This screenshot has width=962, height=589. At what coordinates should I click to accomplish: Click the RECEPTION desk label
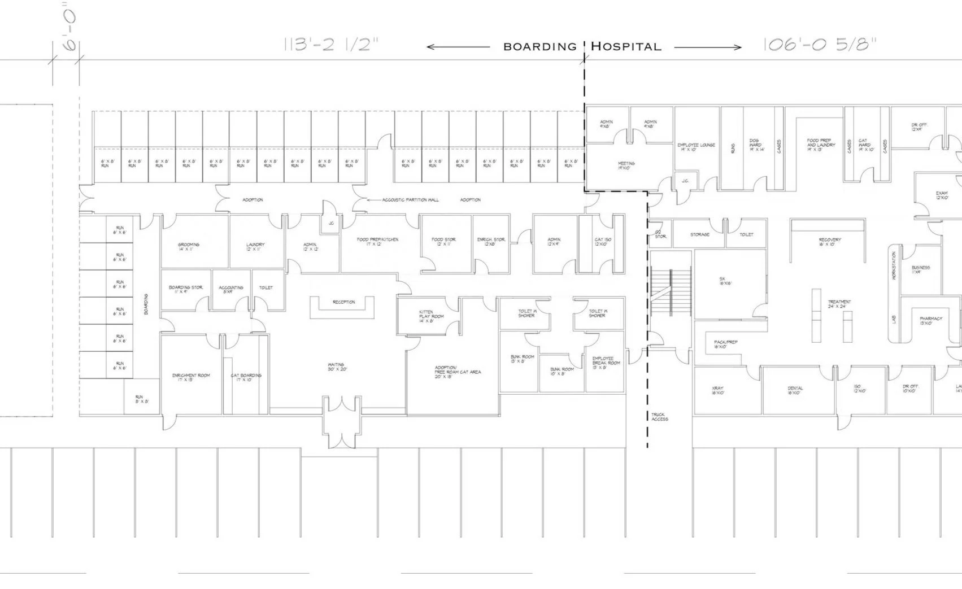(x=343, y=302)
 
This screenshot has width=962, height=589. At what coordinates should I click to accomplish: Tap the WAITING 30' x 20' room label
(x=337, y=367)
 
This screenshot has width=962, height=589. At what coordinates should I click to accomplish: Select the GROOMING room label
(x=189, y=247)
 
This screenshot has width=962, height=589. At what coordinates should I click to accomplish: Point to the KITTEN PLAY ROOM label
(x=431, y=316)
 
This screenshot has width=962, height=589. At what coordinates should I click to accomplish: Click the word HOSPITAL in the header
(x=626, y=47)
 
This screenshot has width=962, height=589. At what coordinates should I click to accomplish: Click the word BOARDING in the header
(x=539, y=47)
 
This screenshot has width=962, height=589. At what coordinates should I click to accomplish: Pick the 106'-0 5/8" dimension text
(x=820, y=45)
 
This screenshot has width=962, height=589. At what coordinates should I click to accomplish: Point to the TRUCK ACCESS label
(x=659, y=417)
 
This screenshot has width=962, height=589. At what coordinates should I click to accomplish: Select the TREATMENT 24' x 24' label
(x=839, y=304)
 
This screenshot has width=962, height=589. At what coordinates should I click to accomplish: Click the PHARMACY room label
(x=930, y=321)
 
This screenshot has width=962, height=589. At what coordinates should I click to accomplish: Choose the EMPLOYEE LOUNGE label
(x=696, y=147)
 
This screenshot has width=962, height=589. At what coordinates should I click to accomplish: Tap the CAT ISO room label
(x=603, y=242)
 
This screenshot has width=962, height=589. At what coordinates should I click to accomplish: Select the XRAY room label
(x=717, y=390)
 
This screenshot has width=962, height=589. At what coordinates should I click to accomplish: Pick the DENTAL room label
(x=795, y=390)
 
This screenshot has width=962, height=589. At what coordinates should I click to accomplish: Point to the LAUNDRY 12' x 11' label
(x=255, y=247)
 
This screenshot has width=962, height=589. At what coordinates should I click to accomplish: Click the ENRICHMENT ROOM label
(x=191, y=377)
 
